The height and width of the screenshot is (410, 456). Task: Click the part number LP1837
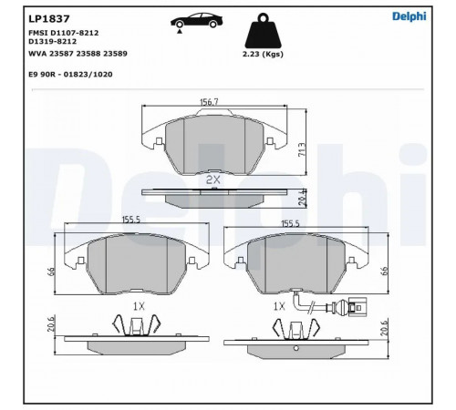[49, 18]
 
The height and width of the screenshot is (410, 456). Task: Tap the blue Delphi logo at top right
[409, 16]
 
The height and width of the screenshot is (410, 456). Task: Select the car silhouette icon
[196, 20]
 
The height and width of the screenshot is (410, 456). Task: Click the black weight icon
[263, 31]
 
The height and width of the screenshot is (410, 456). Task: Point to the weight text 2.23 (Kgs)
[263, 54]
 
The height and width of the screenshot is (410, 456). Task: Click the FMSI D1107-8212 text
[64, 33]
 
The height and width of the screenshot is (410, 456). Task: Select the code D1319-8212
[52, 41]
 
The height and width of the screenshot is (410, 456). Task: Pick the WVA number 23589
[115, 54]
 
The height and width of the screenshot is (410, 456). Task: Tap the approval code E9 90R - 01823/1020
[70, 75]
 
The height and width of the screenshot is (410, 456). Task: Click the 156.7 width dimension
[209, 102]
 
